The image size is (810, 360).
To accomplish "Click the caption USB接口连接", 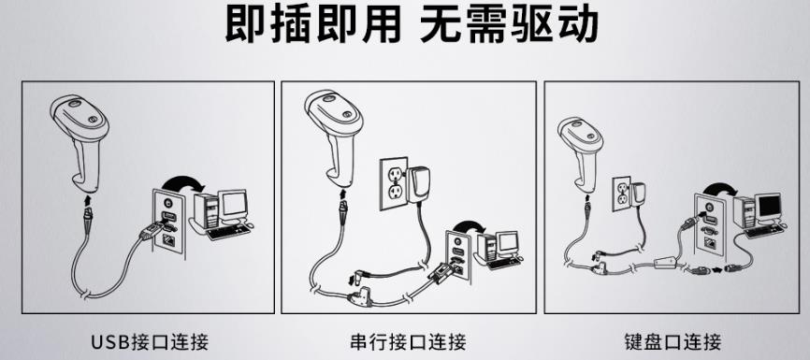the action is coord(150,341).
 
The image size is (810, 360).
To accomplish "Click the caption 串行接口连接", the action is coord(408,341).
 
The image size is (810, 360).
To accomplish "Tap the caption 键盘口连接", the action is coord(672,341).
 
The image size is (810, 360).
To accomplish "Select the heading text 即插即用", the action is coord(313,24).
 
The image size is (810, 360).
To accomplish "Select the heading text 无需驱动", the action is coord(508,24).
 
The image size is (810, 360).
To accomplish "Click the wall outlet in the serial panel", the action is coord(394,184).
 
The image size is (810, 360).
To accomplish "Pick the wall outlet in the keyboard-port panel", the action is coord(621,194).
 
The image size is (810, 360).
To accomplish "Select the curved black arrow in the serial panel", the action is coord(468,225).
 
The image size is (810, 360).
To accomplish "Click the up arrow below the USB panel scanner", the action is coord(88,200).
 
